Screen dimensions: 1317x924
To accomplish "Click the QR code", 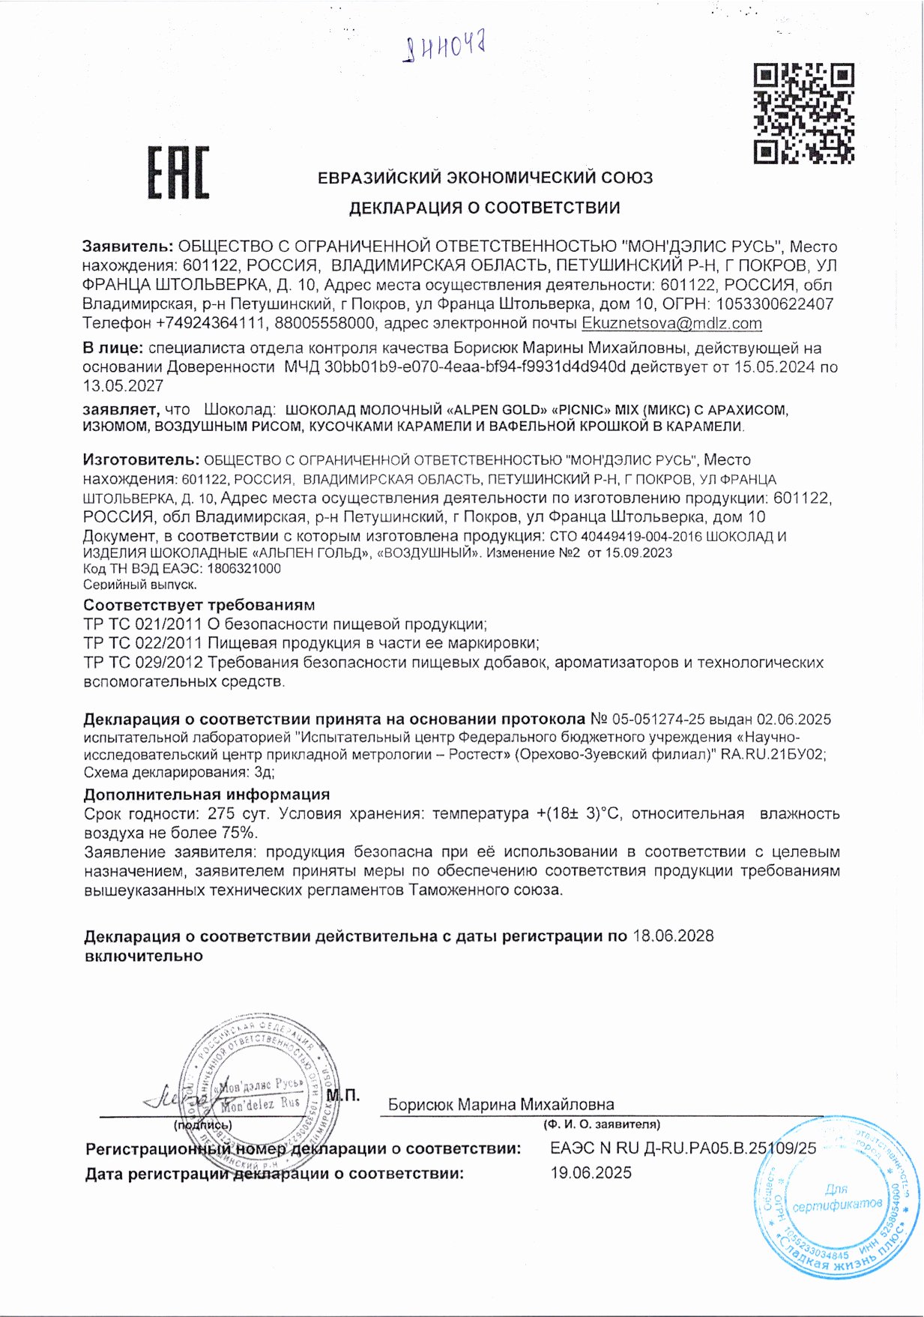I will point(803,113).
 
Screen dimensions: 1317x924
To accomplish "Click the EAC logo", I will point(178,173).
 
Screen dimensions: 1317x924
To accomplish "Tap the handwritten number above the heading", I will point(445,49).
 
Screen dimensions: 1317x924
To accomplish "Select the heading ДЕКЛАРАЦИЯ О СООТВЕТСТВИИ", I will point(484,208).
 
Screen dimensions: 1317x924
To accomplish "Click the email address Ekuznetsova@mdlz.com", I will point(671,324).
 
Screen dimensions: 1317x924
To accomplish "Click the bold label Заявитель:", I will point(128,247).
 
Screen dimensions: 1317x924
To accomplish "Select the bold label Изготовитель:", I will point(141,459).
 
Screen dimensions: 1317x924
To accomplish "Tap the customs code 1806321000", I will point(244,569).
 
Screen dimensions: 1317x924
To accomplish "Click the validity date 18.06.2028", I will point(673,935).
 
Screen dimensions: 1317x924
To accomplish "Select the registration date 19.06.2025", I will point(591,1173).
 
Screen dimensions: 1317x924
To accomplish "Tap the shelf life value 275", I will point(222,814).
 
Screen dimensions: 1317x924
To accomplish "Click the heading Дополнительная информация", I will point(206,795).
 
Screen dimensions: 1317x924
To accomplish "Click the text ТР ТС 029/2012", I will point(143,663).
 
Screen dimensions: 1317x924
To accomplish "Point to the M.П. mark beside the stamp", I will point(343,1095).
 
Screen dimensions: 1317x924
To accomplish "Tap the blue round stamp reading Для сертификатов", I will point(836,1199).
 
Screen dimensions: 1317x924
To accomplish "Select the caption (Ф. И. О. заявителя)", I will point(602,1124).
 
